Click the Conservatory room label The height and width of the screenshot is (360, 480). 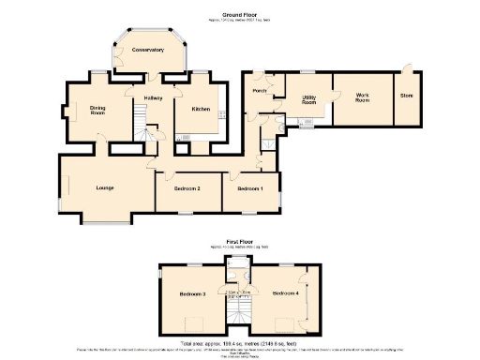147,49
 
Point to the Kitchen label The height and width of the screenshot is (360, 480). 201,109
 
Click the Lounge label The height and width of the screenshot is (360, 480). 104,188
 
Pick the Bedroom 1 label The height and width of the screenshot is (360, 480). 249,188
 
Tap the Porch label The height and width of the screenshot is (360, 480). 261,91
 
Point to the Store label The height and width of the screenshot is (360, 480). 406,96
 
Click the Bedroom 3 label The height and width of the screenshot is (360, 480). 192,294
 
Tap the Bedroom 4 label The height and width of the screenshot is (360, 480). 286,294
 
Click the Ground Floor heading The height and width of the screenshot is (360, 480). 240,15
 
